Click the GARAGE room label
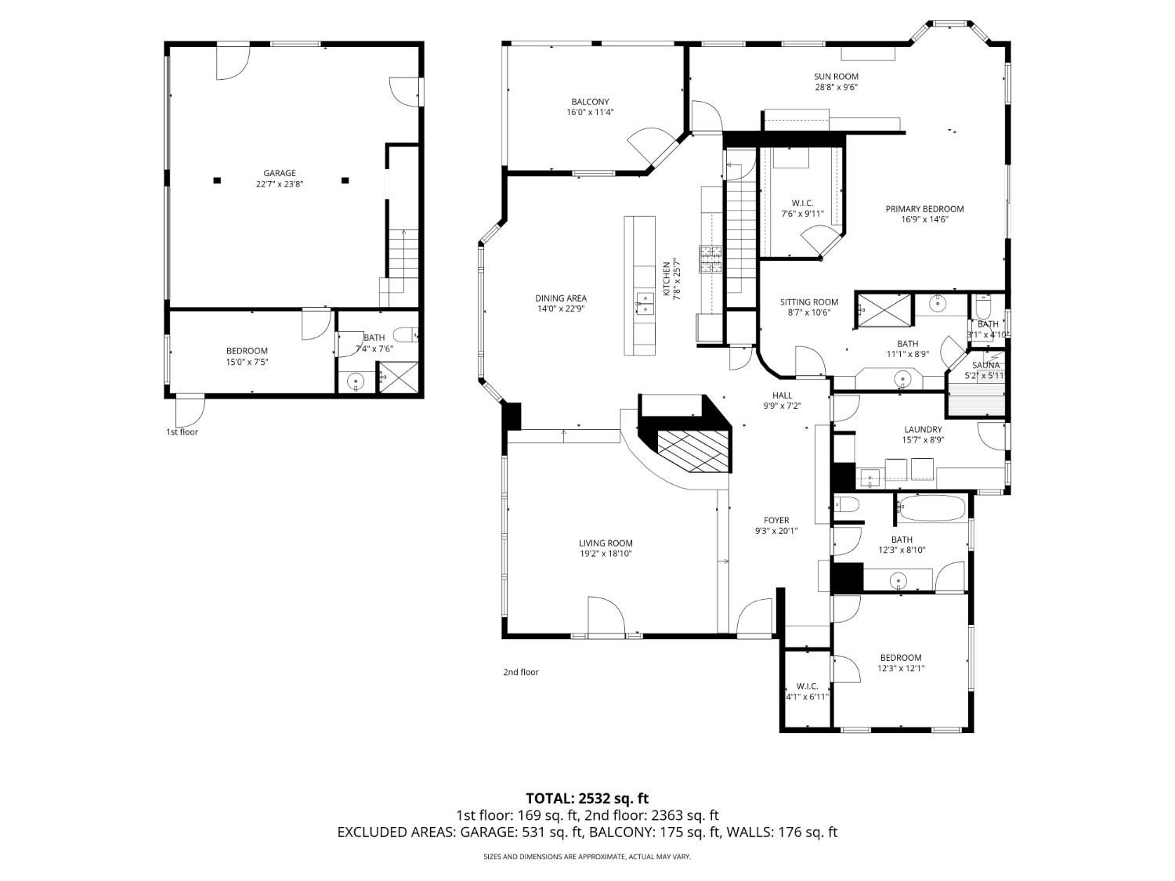(x=279, y=173)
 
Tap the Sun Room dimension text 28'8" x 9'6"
(x=836, y=88)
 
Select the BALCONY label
(x=590, y=102)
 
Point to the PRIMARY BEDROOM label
(x=924, y=209)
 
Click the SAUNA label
(x=985, y=366)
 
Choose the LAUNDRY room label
(x=923, y=429)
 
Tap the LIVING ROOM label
(x=606, y=543)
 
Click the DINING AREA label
(x=561, y=298)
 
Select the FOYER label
(x=776, y=520)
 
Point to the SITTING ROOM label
(x=808, y=302)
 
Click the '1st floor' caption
(x=182, y=431)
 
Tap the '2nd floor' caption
(x=521, y=672)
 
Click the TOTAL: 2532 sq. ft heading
(x=587, y=799)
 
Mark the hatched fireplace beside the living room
(x=692, y=451)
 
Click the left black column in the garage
(x=217, y=180)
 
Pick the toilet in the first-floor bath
(x=405, y=335)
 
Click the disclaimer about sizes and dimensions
(x=587, y=858)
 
